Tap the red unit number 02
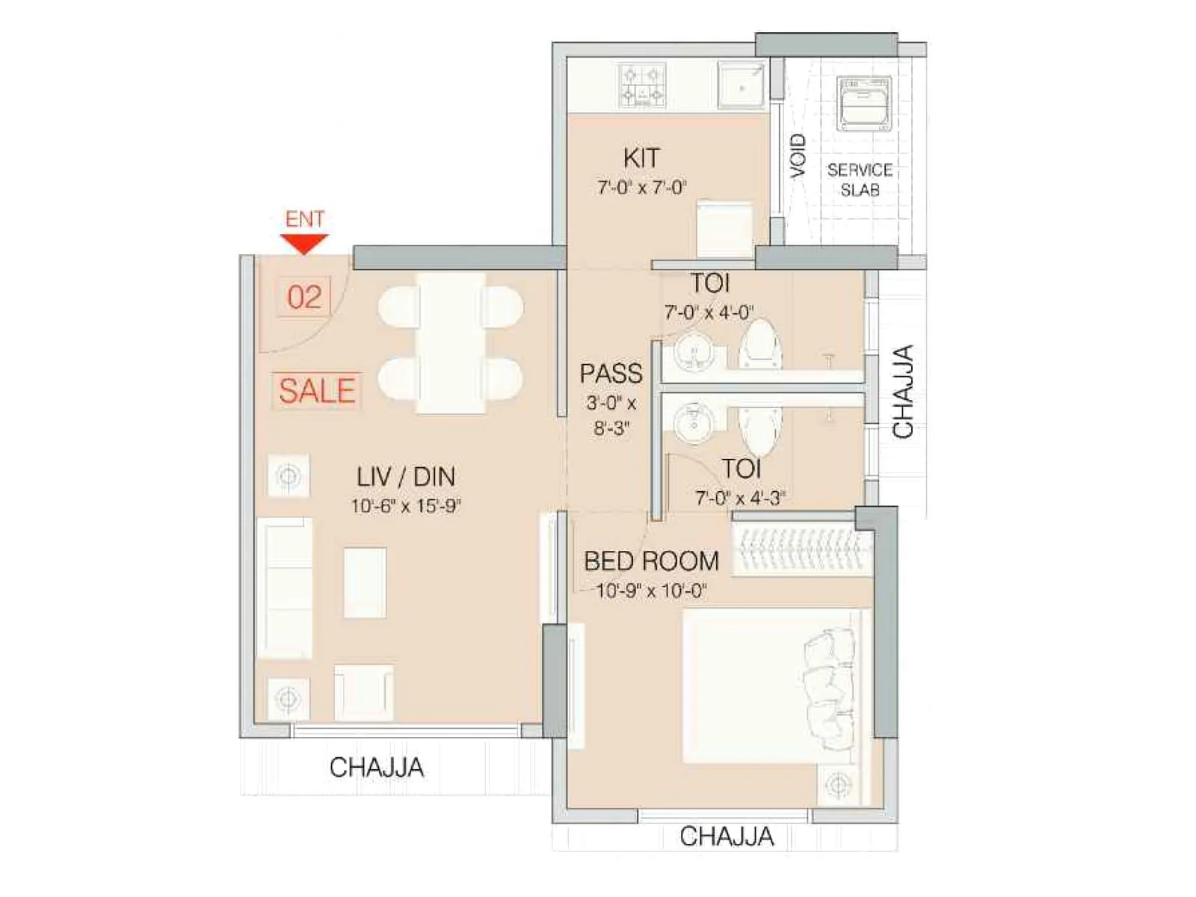(x=304, y=297)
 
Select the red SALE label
(x=317, y=391)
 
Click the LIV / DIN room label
(x=405, y=477)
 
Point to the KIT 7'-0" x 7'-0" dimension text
(x=641, y=187)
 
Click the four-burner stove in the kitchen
(x=642, y=85)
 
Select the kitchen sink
(x=741, y=85)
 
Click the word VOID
(x=798, y=155)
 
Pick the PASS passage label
(x=611, y=373)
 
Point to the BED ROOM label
(x=651, y=561)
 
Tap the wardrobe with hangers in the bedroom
(x=802, y=552)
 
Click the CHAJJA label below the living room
(x=377, y=767)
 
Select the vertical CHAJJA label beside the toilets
(x=903, y=391)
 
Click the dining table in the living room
(x=450, y=343)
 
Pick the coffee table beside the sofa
(x=365, y=582)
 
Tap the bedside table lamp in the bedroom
(x=838, y=786)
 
